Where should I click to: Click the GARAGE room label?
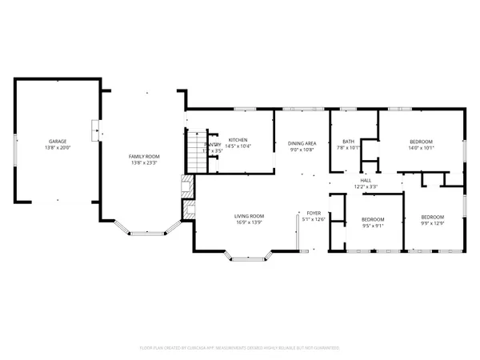click(55, 140)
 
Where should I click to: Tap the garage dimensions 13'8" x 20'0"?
click(55, 147)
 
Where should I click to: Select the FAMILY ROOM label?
click(145, 156)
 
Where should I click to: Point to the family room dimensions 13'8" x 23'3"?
click(145, 163)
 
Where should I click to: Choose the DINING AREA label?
click(302, 143)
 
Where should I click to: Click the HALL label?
click(366, 181)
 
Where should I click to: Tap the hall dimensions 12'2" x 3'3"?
click(366, 187)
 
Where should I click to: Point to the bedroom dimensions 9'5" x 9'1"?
click(373, 226)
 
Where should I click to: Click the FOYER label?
click(314, 214)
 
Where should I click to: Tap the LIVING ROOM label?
click(249, 216)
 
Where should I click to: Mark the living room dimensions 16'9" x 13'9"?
click(249, 223)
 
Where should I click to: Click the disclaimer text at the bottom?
click(240, 348)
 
